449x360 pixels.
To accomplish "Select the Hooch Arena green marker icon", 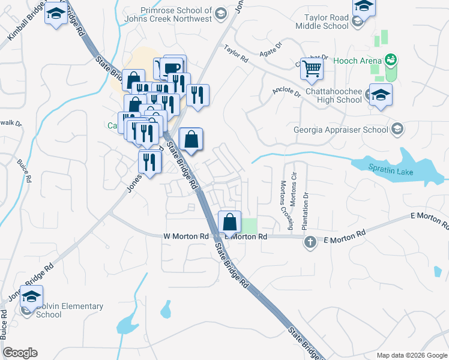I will click(391, 59).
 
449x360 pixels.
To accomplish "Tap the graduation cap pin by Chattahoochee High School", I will click(381, 97).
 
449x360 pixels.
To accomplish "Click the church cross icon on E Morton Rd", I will click(310, 242).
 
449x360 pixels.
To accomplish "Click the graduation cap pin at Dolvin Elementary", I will click(31, 296).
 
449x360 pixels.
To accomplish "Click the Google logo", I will click(20, 353).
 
